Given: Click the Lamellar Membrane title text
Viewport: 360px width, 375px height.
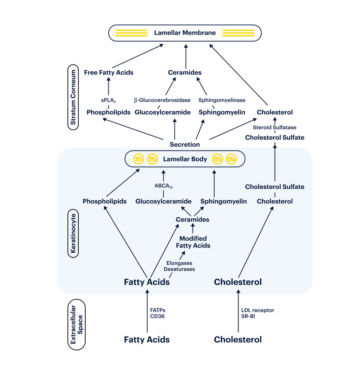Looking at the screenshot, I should (185, 33).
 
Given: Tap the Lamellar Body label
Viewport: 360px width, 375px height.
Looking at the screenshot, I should (185, 159).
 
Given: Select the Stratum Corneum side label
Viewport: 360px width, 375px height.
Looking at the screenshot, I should (73, 97).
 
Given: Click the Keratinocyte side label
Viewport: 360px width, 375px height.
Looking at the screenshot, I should (73, 234).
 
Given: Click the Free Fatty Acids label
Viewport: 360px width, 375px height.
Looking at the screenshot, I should (108, 73).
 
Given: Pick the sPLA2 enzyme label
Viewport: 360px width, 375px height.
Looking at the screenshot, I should (108, 100).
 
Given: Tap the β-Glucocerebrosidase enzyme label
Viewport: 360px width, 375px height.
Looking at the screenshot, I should (162, 100).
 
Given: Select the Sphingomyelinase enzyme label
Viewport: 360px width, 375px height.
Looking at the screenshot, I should (222, 100).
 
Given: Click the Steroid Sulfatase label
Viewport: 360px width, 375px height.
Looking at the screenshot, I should (275, 127).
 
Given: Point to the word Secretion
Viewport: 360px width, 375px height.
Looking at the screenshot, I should (185, 144).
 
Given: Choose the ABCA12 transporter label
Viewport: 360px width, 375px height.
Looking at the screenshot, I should (163, 186).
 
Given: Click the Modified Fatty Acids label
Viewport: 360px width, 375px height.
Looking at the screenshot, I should (193, 242).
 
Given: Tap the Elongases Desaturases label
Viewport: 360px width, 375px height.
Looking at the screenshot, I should (179, 266).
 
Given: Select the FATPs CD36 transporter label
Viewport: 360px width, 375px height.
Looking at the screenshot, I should (157, 313).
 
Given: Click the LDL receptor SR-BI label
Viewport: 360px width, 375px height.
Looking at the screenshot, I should (258, 313).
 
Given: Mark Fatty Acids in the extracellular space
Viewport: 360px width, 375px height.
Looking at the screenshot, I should (147, 339).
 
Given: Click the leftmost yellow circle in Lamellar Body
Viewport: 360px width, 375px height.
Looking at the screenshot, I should (138, 159).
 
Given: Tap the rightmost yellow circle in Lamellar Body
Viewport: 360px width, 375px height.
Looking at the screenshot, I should (231, 159).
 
